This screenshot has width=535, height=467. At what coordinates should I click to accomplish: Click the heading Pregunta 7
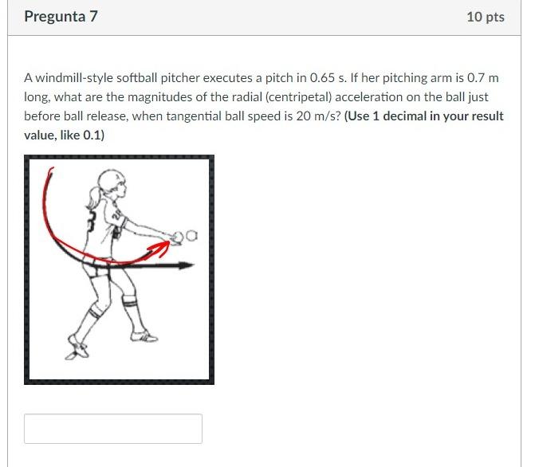(x=61, y=16)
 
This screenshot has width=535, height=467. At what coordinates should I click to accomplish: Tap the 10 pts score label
(x=486, y=17)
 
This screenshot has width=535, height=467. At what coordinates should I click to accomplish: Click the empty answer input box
(x=112, y=429)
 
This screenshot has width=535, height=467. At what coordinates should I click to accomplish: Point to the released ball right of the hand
(x=191, y=237)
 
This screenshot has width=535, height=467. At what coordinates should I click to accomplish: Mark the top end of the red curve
(x=52, y=170)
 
